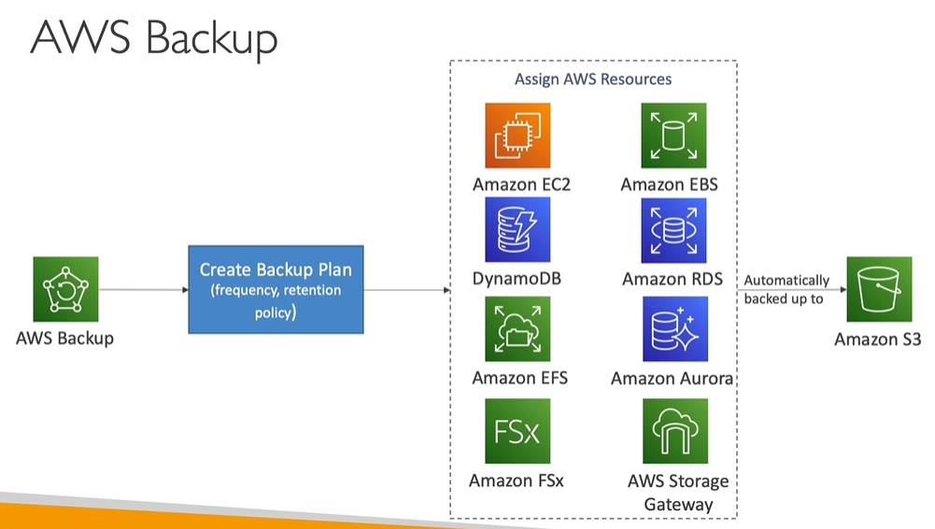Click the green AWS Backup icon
[x=65, y=290]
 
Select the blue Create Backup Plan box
[x=276, y=289]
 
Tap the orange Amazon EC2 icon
[x=517, y=135]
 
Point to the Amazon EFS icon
[x=517, y=328]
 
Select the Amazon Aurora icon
[x=673, y=328]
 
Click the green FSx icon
[x=517, y=431]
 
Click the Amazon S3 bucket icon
[x=878, y=290]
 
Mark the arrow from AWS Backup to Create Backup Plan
[x=144, y=290]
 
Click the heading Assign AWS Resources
[x=593, y=79]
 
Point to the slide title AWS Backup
[x=154, y=39]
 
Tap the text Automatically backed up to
[x=786, y=289]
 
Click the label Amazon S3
[x=877, y=339]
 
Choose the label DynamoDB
[x=517, y=279]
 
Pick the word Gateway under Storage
[x=678, y=505]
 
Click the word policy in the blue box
[x=274, y=313]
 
